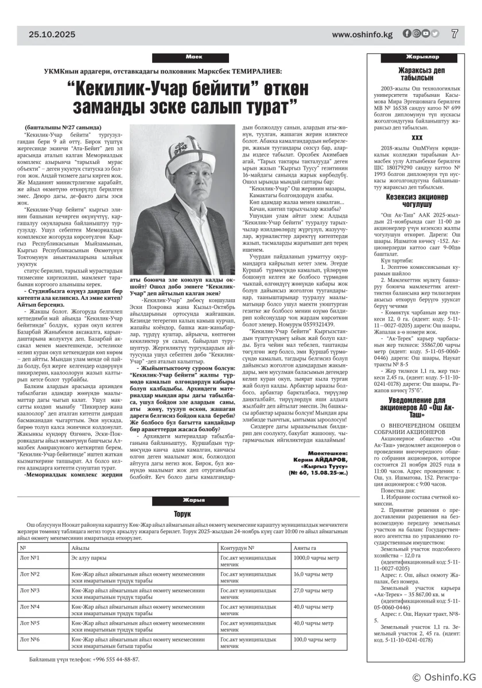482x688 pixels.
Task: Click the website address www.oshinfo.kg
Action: point(362,35)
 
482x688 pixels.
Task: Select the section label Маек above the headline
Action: point(191,58)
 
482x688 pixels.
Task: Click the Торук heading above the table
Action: point(182,514)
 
